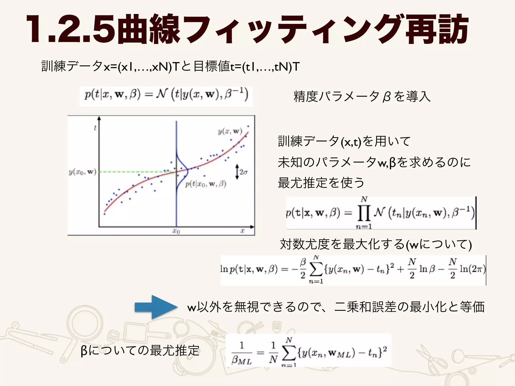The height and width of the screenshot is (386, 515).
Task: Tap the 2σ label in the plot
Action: pyautogui.click(x=243, y=172)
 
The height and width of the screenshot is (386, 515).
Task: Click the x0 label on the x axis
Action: pyautogui.click(x=176, y=231)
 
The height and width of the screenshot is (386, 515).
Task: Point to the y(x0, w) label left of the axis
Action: pyautogui.click(x=82, y=172)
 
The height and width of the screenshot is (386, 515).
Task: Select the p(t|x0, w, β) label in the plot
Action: pyautogui.click(x=206, y=184)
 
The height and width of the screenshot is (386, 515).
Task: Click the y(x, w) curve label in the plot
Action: pyautogui.click(x=230, y=131)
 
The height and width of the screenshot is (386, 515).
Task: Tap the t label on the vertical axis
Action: pyautogui.click(x=95, y=128)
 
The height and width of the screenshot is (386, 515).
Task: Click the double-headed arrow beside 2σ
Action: pyautogui.click(x=237, y=172)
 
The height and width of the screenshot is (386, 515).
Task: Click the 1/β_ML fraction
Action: pyautogui.click(x=242, y=353)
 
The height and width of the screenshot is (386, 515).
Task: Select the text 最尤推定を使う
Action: pyautogui.click(x=321, y=183)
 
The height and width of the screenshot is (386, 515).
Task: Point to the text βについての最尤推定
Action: pyautogui.click(x=140, y=351)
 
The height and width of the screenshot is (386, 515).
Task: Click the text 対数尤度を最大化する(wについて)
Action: pyautogui.click(x=376, y=244)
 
